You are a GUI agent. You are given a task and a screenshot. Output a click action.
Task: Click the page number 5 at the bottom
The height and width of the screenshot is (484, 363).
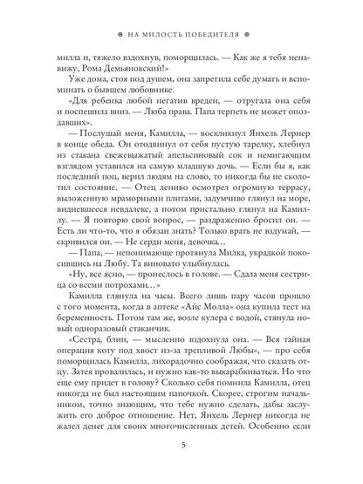pyautogui.click(x=181, y=451)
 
